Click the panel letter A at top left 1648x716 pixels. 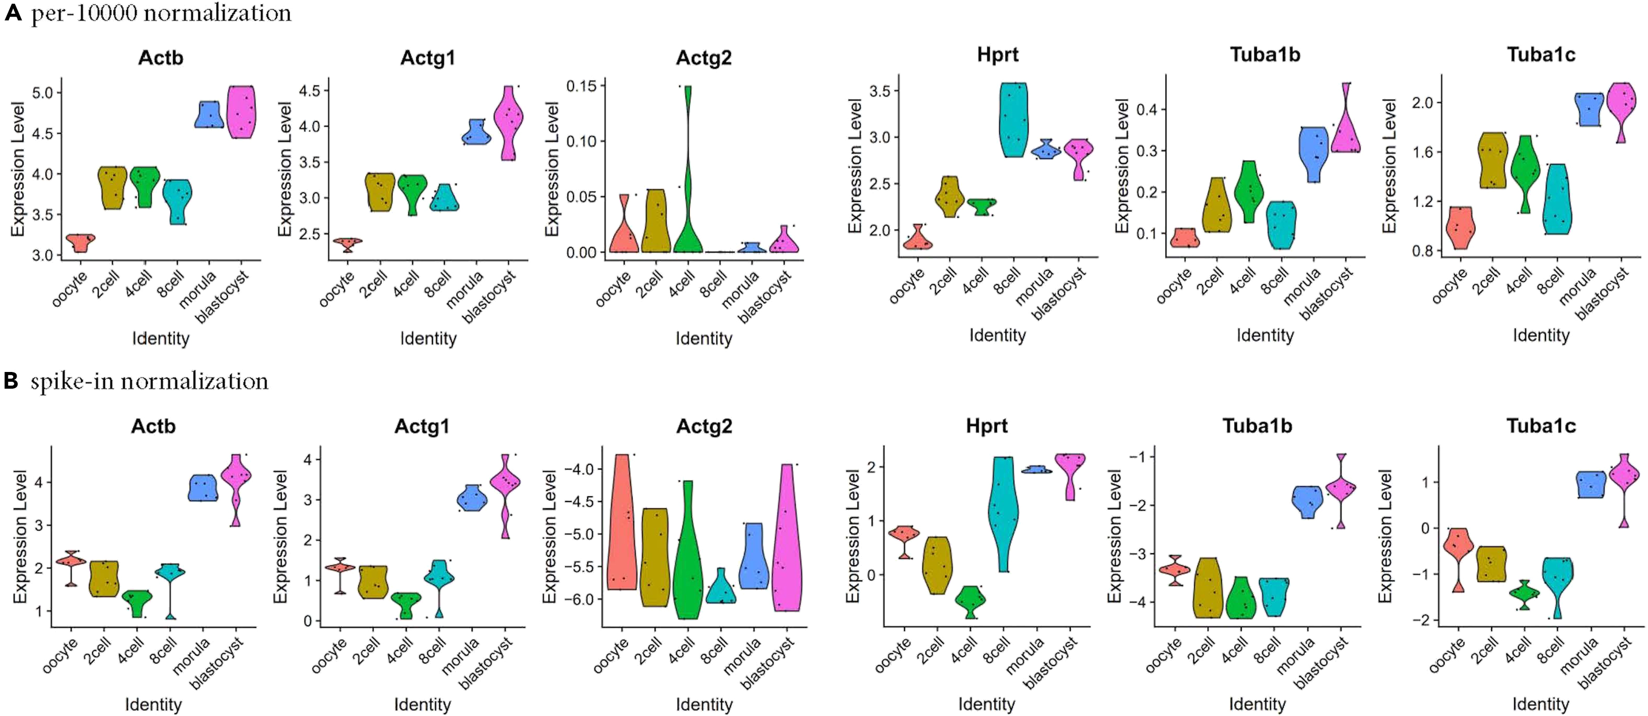pos(13,13)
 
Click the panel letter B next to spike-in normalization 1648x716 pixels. pos(11,381)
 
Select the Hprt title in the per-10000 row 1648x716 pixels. pos(998,54)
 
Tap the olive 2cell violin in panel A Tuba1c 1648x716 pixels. pos(1492,160)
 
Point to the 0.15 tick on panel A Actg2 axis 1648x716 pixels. pos(581,86)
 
